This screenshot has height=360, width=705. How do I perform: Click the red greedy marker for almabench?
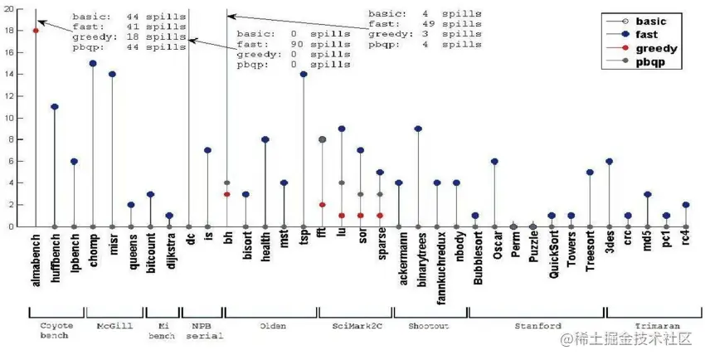click(x=36, y=31)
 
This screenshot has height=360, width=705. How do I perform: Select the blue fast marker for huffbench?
click(x=55, y=107)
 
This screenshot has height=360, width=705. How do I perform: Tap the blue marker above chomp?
click(x=93, y=63)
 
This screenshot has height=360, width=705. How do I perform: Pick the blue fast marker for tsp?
click(x=304, y=75)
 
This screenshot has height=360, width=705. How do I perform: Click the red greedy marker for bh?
click(x=226, y=194)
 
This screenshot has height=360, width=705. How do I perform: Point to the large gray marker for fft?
click(x=322, y=140)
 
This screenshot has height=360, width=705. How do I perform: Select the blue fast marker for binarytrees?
click(x=418, y=129)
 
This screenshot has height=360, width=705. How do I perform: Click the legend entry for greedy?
click(x=656, y=48)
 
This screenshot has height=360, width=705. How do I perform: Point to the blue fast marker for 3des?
click(x=609, y=162)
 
